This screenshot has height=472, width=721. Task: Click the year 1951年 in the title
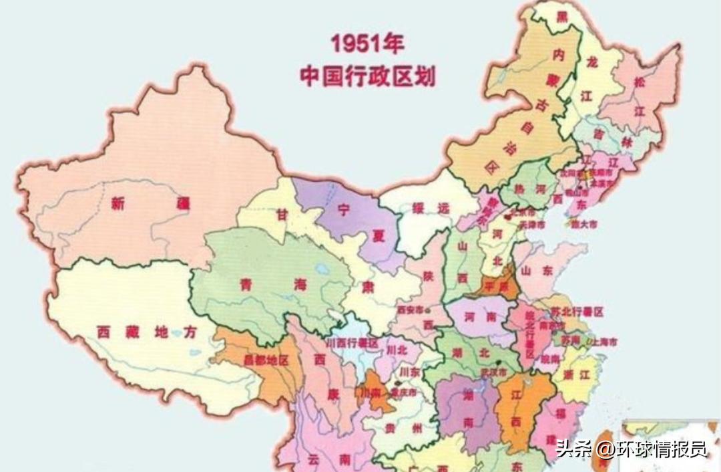pyautogui.click(x=367, y=45)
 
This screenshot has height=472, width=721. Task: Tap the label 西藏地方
pyautogui.click(x=147, y=331)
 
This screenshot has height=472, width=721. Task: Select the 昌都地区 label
pyautogui.click(x=266, y=360)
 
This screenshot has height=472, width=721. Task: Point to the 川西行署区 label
pyautogui.click(x=352, y=343)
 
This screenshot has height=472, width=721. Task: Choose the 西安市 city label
pyautogui.click(x=410, y=310)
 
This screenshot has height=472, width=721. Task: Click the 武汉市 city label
pyautogui.click(x=495, y=371)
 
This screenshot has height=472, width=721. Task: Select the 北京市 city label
pyautogui.click(x=523, y=214)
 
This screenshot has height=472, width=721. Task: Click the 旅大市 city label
pyautogui.click(x=582, y=224)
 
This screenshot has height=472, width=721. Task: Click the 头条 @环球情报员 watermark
pyautogui.click(x=631, y=449)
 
